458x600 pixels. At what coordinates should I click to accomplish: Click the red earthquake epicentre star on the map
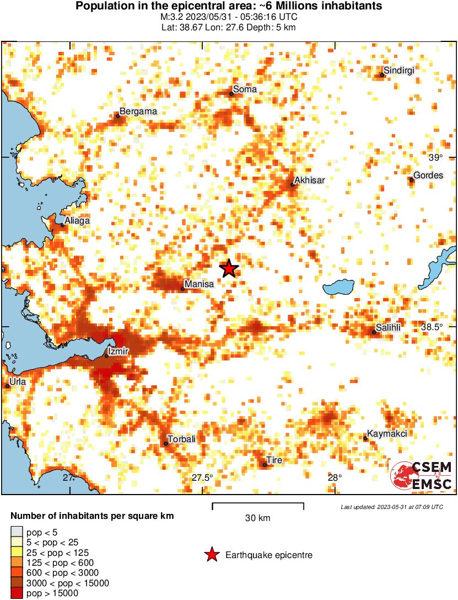(x=229, y=269)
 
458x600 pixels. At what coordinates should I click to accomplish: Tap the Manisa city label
(x=199, y=284)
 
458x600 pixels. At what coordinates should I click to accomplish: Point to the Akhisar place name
(x=309, y=180)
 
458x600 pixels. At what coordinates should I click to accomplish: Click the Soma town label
(x=245, y=89)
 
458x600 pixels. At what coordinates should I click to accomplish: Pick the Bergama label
(x=138, y=111)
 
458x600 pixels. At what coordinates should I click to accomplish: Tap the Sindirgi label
(x=398, y=70)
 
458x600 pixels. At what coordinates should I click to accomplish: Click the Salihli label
(x=388, y=327)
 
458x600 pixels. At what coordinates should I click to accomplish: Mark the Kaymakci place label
(x=387, y=434)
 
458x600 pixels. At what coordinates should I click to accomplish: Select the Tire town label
(x=274, y=460)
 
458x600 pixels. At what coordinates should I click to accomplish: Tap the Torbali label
(x=182, y=439)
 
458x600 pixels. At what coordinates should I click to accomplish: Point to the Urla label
(x=18, y=381)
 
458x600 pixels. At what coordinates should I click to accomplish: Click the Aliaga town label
(x=77, y=221)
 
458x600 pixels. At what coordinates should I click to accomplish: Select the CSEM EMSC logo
(x=422, y=476)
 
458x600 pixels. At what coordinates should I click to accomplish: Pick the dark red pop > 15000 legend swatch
(x=17, y=593)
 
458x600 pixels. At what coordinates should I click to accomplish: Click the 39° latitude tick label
(x=435, y=158)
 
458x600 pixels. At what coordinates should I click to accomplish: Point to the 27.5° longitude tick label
(x=202, y=477)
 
